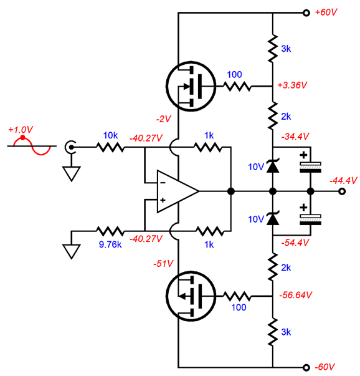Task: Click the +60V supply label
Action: click(x=326, y=12)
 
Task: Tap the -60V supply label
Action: click(x=324, y=367)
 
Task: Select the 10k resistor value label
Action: click(x=110, y=135)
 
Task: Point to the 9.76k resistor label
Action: click(x=110, y=244)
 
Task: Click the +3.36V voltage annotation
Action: click(x=292, y=85)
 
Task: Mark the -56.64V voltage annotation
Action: click(x=296, y=295)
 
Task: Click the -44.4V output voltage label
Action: click(x=343, y=180)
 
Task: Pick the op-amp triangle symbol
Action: click(x=178, y=191)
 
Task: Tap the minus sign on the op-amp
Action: click(x=163, y=183)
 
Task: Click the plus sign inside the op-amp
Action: click(x=163, y=200)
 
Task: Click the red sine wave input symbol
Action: click(x=32, y=146)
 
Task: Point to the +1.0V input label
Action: click(x=21, y=130)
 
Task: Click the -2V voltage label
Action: click(x=164, y=118)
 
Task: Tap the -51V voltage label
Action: click(x=163, y=264)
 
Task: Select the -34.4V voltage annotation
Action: click(x=295, y=137)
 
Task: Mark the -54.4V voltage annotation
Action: click(x=295, y=243)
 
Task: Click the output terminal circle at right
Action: click(x=343, y=191)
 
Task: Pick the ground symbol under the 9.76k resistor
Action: click(x=71, y=251)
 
